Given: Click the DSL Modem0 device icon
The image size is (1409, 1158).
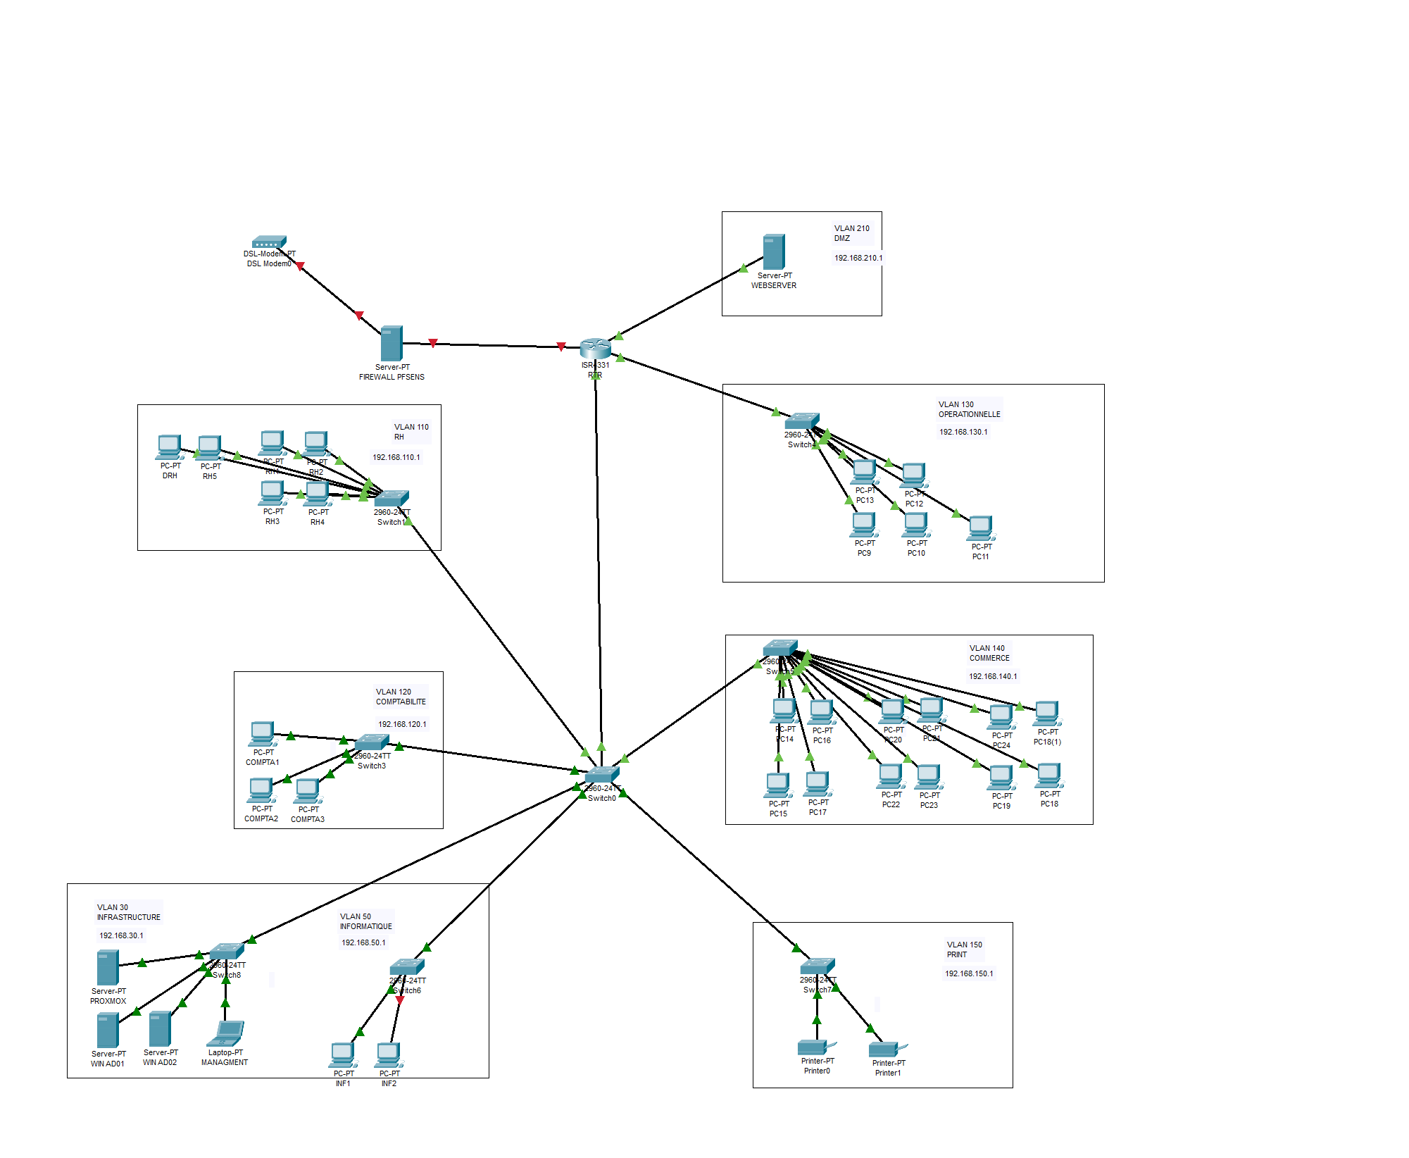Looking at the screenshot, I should (269, 242).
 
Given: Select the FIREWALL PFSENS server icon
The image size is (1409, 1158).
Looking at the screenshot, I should (392, 343).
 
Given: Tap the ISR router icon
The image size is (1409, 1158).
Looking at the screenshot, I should (595, 347).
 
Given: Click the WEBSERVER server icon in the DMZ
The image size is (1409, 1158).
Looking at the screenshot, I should (773, 251).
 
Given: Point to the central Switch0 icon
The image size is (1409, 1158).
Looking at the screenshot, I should (602, 776).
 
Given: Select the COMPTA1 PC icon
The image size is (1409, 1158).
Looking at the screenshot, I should (262, 733).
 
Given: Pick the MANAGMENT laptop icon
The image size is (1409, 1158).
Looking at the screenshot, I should (225, 1033).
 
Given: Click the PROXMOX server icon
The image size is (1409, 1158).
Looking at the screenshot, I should (108, 967).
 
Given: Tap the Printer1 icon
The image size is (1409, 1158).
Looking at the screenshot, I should (887, 1049).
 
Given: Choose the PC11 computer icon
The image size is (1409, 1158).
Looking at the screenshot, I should (980, 527).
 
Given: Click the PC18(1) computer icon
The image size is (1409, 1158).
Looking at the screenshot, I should (1046, 713).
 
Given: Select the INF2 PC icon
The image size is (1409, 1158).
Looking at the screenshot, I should (388, 1054).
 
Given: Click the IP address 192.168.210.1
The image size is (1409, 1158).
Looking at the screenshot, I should (858, 258).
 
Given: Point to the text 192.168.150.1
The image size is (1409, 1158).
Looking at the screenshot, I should (969, 973).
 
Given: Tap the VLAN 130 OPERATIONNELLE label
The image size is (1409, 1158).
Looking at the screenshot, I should (969, 409).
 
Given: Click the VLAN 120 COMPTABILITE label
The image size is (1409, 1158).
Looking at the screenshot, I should (401, 697).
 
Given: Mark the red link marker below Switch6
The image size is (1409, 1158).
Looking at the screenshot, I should (400, 1000).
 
